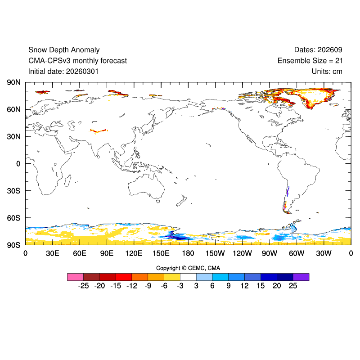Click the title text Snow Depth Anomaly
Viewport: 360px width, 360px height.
64,50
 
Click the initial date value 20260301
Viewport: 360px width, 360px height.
82,71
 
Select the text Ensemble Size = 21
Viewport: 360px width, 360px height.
310,61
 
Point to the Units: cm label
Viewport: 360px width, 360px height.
327,71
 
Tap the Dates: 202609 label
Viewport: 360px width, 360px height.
318,50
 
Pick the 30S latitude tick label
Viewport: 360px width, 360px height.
13,191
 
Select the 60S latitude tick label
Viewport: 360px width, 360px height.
13,218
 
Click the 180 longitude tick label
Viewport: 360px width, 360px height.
188,253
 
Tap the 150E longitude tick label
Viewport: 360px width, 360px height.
161,253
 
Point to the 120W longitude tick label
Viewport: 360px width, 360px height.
243,253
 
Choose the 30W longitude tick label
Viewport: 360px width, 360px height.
324,253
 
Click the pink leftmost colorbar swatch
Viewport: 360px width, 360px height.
75,277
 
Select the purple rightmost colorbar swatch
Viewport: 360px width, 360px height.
301,277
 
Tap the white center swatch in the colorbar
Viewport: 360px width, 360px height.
188,277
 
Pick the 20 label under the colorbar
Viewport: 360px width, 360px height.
277,286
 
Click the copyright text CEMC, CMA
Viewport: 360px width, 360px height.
201,268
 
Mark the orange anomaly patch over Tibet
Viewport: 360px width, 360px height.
99,130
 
